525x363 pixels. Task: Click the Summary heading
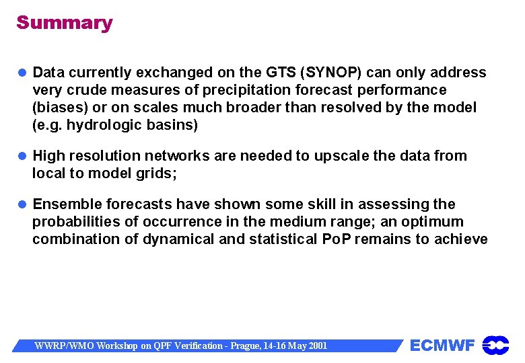click(65, 23)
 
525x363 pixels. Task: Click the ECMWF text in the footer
click(442, 346)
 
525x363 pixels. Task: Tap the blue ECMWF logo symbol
click(496, 346)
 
